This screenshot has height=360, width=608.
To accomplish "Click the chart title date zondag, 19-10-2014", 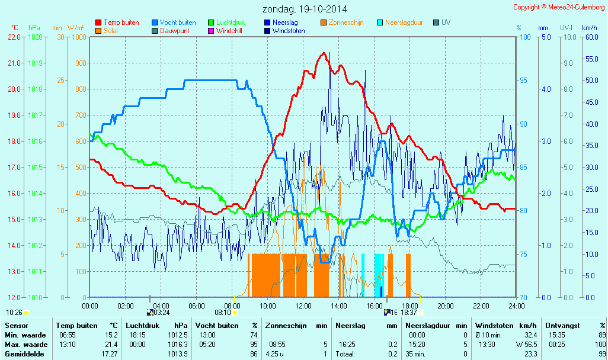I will tap(305, 9).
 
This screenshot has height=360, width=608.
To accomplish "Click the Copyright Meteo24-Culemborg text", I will tap(559, 7).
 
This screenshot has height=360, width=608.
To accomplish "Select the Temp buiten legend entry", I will tap(121, 22).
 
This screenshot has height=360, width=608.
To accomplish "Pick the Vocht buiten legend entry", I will tap(177, 22).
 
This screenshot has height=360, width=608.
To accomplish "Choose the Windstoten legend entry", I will tap(289, 31).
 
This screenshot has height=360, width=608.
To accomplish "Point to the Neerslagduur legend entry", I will tap(404, 22).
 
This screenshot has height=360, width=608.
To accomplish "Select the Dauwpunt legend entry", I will tap(175, 31).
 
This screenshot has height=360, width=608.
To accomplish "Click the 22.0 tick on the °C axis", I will tap(14, 37).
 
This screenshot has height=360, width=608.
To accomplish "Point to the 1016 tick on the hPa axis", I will tap(35, 141).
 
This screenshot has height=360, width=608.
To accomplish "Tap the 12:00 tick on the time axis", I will tap(303, 306).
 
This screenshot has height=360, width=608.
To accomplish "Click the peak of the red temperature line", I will tap(324, 53).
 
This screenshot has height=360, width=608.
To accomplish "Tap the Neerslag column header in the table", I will tap(350, 326).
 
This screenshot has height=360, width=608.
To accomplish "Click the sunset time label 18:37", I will tap(409, 312).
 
